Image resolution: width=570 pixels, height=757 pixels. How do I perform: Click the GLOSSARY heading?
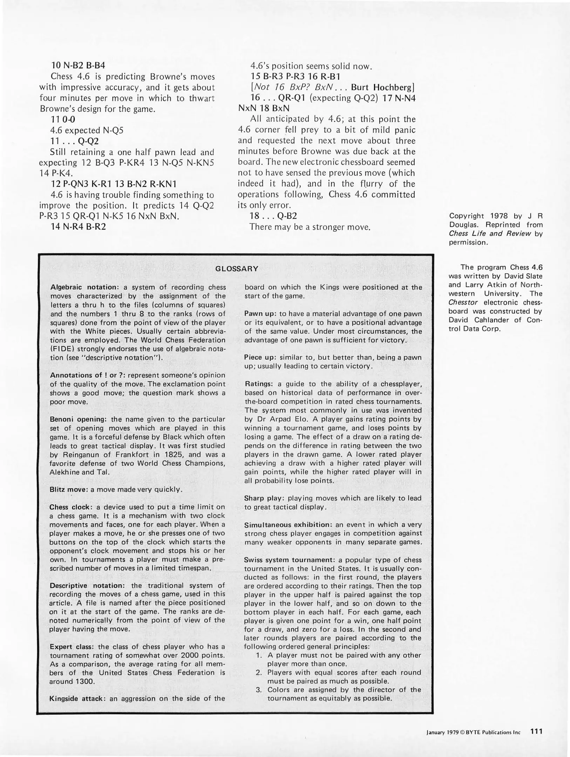[x=237, y=269]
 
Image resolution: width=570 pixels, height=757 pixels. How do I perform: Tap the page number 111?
[x=536, y=731]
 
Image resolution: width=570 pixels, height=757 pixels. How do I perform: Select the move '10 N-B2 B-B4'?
[x=78, y=66]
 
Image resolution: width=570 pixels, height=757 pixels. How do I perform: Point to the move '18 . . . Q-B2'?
[x=274, y=216]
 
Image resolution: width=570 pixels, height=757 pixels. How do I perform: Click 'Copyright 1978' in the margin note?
[x=473, y=216]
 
